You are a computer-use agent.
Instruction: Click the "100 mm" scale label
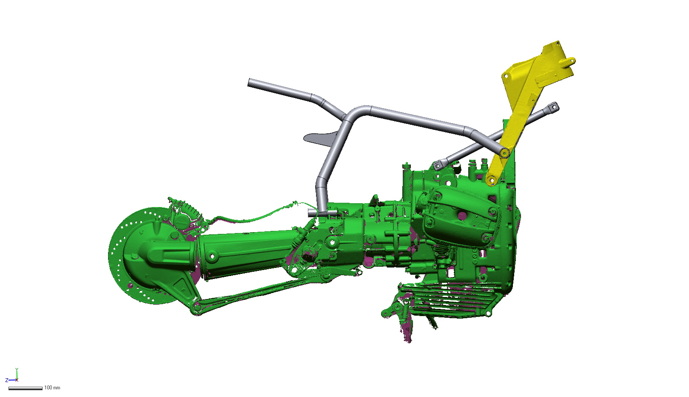click(x=52, y=388)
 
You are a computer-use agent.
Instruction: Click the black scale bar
click(x=25, y=388)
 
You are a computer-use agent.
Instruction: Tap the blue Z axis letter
click(x=7, y=380)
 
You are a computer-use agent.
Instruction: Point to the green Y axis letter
click(x=17, y=369)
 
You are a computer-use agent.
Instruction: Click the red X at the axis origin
click(x=17, y=380)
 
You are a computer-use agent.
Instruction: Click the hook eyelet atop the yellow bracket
click(x=571, y=60)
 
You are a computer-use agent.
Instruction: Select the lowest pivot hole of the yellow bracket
click(x=491, y=180)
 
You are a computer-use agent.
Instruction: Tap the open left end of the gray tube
click(x=250, y=83)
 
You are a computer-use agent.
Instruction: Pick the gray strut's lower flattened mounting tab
click(x=438, y=165)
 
